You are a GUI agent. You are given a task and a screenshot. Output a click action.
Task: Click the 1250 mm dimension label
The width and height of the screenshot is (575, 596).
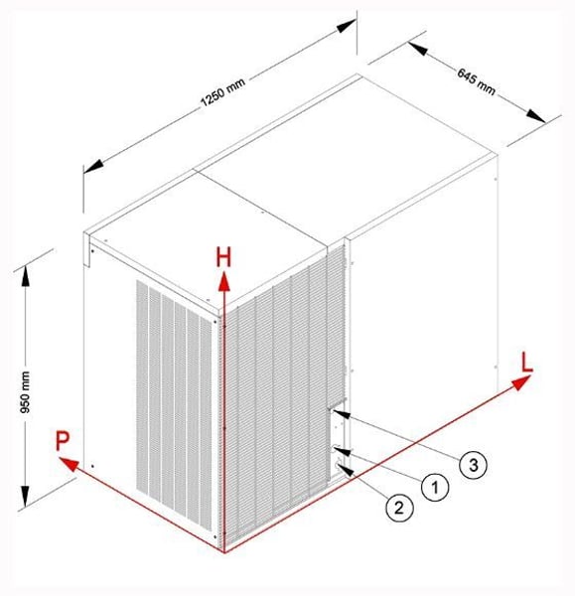click(223, 92)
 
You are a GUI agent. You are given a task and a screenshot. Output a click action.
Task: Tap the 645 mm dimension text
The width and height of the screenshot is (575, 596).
click(477, 81)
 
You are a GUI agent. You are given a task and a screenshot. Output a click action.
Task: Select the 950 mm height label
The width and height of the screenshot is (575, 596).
click(25, 392)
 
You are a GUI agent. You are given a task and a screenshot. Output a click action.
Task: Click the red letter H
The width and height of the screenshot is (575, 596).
click(223, 257)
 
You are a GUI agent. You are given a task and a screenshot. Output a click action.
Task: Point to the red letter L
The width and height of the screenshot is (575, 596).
click(526, 363)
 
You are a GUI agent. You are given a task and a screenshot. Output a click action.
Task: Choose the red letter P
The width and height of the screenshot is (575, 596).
click(63, 440)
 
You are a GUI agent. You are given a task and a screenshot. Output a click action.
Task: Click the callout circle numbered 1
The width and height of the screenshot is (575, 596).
click(435, 487)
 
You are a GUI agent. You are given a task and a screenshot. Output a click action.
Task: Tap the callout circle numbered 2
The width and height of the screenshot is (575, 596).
click(399, 508)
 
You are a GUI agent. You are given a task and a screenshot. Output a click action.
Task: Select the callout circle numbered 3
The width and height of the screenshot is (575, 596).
click(473, 464)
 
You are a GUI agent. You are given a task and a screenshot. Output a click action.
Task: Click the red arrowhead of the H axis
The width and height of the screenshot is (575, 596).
click(224, 281)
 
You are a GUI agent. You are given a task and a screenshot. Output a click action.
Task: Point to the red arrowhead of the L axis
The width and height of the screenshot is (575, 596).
click(521, 381)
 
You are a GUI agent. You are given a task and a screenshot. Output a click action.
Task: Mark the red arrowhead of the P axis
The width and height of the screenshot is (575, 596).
click(70, 464)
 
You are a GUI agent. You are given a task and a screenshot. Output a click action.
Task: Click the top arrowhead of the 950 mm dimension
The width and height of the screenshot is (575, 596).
click(25, 275)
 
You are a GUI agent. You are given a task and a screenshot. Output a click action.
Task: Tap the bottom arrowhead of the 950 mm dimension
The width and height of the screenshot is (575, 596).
click(25, 497)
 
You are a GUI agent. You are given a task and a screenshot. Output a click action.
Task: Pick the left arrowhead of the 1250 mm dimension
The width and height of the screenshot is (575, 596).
click(93, 166)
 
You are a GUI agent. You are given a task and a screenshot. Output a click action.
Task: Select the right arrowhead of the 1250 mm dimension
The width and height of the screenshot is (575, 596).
click(346, 26)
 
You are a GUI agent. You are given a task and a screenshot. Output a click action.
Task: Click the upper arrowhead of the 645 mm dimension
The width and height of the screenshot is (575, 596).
click(418, 49)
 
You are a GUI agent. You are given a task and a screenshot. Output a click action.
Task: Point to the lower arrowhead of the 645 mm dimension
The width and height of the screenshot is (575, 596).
click(536, 115)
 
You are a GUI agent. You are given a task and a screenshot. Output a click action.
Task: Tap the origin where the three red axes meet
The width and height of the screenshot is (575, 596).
click(224, 552)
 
